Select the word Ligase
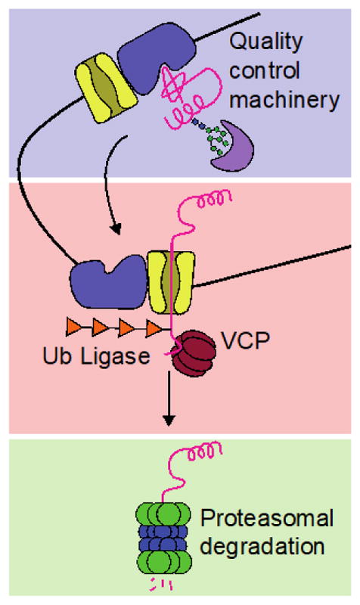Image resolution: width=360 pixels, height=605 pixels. tap(122, 355)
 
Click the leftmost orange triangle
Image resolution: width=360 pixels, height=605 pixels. tap(78, 329)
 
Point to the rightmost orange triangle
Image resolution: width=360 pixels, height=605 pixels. tap(155, 329)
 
